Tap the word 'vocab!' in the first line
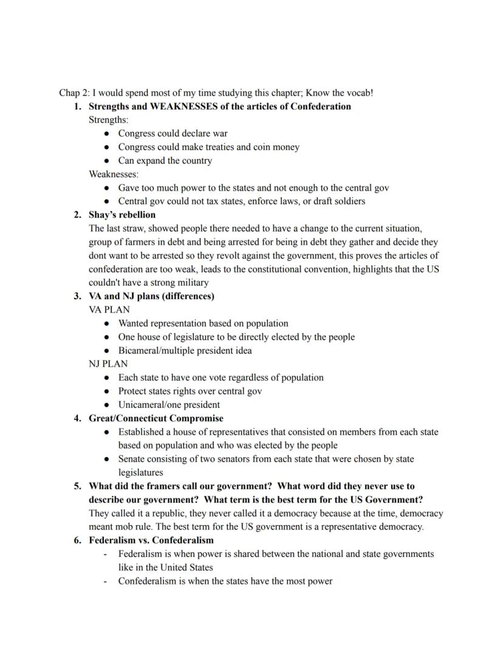pos(359,93)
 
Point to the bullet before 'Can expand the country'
pos(106,161)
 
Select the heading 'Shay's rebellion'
pos(122,215)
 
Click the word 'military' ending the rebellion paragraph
pos(193,283)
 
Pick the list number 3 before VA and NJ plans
pos(77,296)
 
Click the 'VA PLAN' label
pos(109,309)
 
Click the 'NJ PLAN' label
pos(108,364)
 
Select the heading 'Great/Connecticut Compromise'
pos(156,418)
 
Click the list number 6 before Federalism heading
pos(77,540)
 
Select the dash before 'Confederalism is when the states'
pos(106,581)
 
